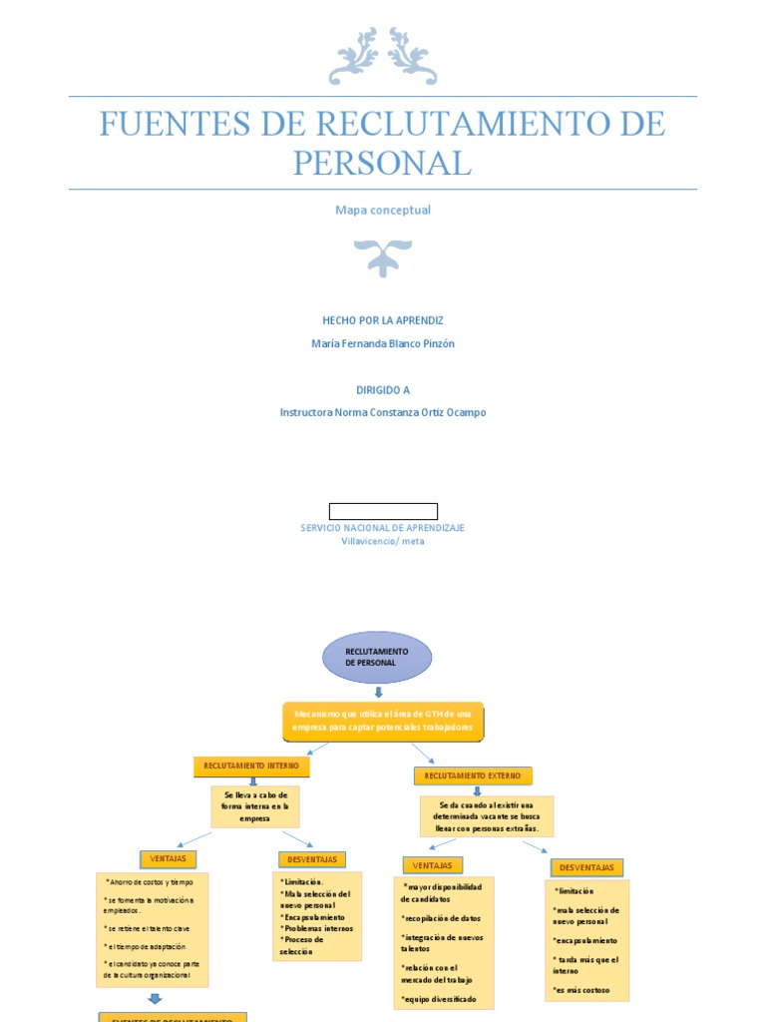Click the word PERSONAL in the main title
tap(382, 162)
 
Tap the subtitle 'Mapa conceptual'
tap(383, 211)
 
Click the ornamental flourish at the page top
tap(383, 56)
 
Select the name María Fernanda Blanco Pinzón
tap(383, 343)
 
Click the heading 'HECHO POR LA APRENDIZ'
tap(383, 320)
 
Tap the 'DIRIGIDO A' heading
tap(383, 390)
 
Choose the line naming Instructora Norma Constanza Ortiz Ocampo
tap(383, 412)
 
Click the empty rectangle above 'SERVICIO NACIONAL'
tap(383, 512)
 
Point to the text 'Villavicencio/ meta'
tap(383, 541)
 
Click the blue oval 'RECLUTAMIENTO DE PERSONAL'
tap(377, 657)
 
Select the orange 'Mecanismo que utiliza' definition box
tap(383, 721)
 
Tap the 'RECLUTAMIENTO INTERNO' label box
tap(251, 766)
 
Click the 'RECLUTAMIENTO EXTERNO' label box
tap(473, 775)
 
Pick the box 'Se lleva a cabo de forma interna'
tap(255, 806)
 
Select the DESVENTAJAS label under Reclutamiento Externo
tap(586, 867)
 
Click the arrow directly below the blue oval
tap(378, 692)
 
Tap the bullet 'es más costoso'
tap(581, 991)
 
